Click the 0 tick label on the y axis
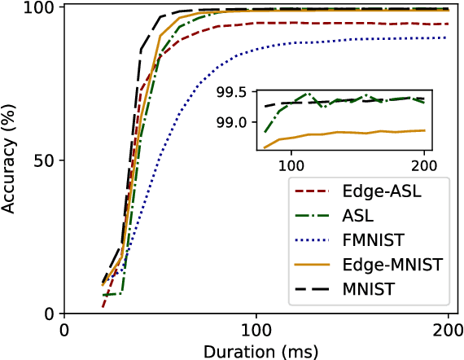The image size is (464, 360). (49, 314)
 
